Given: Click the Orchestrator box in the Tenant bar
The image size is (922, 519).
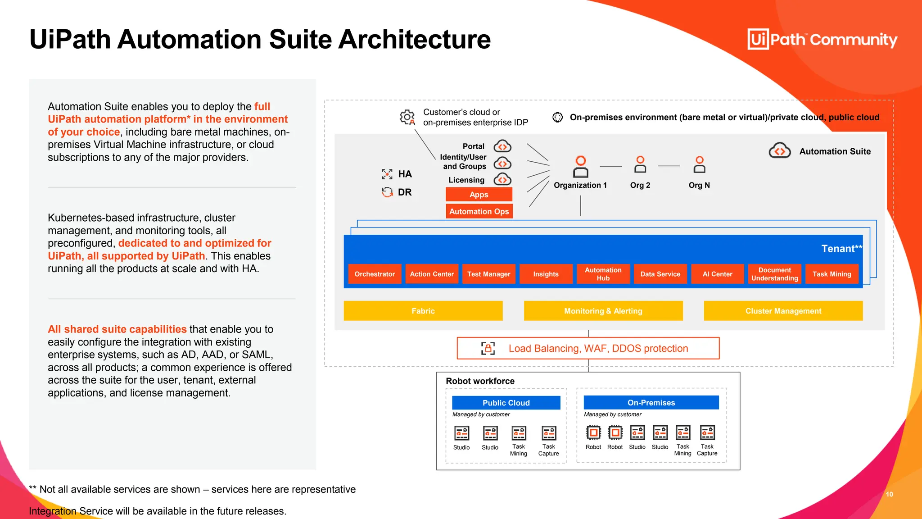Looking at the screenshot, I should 374,274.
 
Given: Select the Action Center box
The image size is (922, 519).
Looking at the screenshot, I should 431,274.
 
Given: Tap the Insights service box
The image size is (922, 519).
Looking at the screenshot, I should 546,274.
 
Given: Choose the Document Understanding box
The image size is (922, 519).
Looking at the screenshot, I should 774,274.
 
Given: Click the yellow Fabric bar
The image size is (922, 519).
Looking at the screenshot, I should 423,311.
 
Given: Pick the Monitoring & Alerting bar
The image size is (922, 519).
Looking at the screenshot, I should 603,311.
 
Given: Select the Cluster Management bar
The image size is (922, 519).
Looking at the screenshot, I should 783,311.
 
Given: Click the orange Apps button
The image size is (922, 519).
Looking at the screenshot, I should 479,195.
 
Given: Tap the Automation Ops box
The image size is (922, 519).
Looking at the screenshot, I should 479,211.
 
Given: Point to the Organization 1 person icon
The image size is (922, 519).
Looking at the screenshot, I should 580,167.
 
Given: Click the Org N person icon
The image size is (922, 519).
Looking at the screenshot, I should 699,165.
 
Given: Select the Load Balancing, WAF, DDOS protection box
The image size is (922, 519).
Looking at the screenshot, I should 588,348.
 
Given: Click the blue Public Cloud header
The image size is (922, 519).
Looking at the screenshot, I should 506,403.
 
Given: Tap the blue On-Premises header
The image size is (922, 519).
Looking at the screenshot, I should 651,403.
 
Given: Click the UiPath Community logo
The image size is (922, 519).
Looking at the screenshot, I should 822,40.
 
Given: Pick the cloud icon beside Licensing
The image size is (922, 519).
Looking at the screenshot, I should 502,180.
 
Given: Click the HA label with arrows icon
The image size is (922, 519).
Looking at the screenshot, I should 397,174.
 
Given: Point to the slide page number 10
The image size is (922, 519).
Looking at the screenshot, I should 889,494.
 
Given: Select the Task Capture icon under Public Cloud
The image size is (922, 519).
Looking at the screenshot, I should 548,433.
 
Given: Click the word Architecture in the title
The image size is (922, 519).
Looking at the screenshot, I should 414,40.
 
